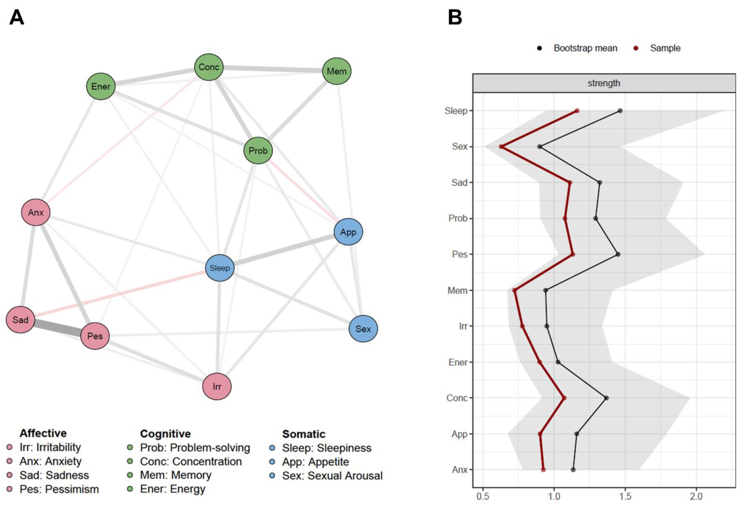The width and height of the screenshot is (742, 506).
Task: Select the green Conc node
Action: click(209, 67)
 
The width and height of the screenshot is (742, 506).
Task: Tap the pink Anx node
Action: click(36, 212)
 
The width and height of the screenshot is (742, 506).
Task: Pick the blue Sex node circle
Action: click(363, 329)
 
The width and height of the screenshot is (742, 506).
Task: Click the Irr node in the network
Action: click(217, 386)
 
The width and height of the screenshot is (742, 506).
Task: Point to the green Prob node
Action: click(258, 150)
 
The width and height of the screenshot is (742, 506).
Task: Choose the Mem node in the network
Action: click(337, 71)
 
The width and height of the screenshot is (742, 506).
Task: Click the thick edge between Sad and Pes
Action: click(57, 328)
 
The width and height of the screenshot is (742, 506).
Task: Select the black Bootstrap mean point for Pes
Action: click(618, 254)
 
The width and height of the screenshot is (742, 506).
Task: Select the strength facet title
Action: click(604, 83)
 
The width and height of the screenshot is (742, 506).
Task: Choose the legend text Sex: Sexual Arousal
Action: click(332, 476)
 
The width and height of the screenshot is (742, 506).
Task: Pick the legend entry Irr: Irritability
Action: click(50, 447)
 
